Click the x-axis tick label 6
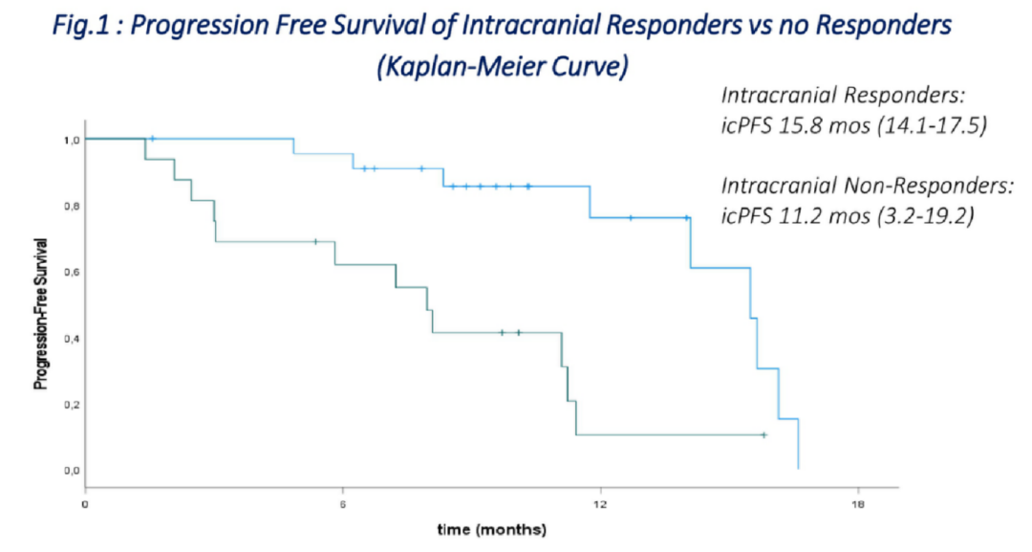343,504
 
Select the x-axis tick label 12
600,504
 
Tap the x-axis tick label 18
858,504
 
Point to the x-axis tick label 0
85,504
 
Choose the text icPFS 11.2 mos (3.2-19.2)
848,215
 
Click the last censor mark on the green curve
763,435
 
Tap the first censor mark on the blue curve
152,139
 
